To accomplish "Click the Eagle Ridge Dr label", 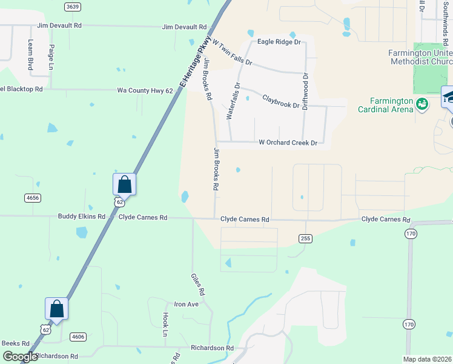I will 279,42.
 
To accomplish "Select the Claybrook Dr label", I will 280,101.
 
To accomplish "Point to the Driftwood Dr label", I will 305,92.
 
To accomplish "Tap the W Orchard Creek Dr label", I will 288,143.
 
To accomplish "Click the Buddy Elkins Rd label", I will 82,217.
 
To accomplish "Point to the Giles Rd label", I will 198,283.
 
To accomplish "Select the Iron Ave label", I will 186,304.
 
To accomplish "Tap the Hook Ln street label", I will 165,325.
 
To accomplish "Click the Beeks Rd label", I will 12,343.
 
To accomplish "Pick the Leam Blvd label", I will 30,55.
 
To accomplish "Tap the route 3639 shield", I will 72,7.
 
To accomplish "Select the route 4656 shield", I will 33,198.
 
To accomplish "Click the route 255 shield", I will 305,238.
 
